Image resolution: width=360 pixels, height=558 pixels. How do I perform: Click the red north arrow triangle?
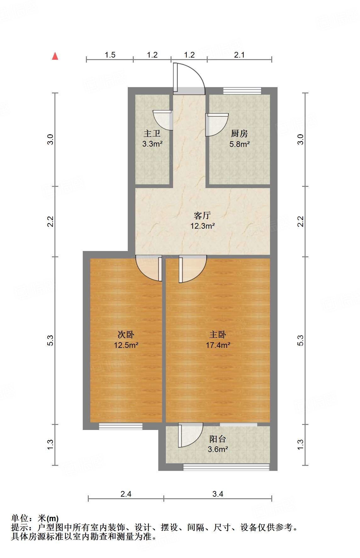[x=55, y=56]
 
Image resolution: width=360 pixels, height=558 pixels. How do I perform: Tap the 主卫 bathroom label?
[x=152, y=134]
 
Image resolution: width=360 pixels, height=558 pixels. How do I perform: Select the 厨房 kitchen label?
[x=239, y=134]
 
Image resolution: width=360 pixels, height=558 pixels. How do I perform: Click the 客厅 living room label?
[x=202, y=215]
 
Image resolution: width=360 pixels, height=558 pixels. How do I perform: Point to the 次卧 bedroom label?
[x=126, y=334]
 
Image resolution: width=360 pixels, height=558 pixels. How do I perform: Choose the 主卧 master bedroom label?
[x=218, y=334]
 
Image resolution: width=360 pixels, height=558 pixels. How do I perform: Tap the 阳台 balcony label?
[x=218, y=439]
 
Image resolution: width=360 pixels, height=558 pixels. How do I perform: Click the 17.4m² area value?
[x=218, y=345]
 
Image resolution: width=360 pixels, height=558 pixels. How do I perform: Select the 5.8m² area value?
[x=239, y=144]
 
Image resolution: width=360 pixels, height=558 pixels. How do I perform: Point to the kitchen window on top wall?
[x=242, y=91]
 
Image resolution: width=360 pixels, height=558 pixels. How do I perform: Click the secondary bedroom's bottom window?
[x=121, y=427]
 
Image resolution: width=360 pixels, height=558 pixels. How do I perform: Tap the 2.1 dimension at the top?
[x=239, y=55]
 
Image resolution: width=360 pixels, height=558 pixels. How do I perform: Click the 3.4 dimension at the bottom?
[x=218, y=494]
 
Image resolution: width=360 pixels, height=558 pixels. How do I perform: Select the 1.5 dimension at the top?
[x=110, y=55]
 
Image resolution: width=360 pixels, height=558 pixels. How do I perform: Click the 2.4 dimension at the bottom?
[x=126, y=494]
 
